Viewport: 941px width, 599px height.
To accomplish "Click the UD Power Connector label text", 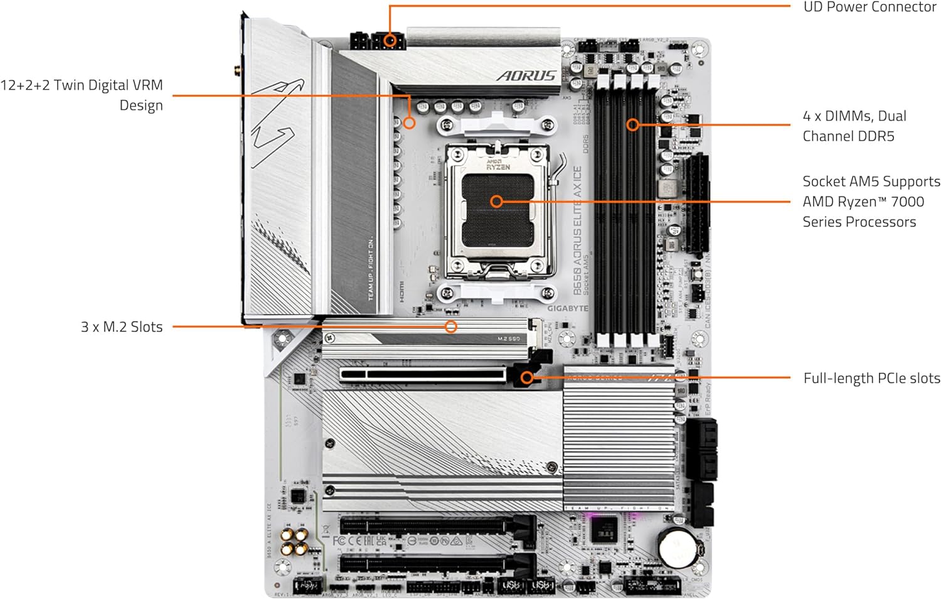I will point(869,8).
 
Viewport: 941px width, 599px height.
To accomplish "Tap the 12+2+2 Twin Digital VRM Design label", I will point(82,95).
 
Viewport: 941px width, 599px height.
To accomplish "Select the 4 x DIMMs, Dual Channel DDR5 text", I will point(854,126).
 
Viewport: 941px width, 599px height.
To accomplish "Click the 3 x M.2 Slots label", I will point(122,326).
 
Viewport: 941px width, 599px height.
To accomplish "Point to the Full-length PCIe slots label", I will point(871,378).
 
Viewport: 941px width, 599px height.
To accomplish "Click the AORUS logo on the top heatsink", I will point(527,76).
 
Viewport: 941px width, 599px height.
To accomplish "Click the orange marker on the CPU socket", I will point(496,202).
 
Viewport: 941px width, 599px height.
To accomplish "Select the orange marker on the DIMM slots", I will point(632,125).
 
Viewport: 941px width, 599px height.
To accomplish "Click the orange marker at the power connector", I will point(390,41).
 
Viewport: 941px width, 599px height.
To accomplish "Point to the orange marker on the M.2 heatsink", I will point(450,326).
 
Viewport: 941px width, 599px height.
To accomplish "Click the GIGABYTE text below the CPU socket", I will point(568,308).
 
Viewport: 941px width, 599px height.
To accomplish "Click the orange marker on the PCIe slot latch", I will point(527,377).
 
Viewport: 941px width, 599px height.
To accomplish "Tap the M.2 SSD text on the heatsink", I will point(508,339).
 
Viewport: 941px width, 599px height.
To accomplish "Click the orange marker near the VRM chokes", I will point(409,122).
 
